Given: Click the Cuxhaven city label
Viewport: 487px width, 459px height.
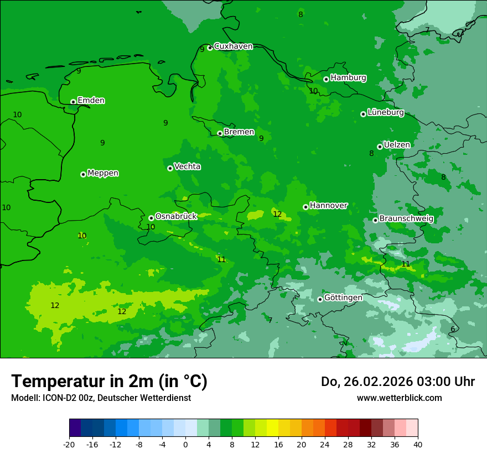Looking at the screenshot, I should pos(233,46).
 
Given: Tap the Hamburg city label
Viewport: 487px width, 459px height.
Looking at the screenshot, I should pos(348,78).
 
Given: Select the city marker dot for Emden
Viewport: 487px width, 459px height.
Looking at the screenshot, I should pos(73,102).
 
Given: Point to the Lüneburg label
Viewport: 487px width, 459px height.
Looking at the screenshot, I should pos(385,112).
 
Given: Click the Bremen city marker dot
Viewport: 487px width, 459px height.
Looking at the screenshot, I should pos(220,133).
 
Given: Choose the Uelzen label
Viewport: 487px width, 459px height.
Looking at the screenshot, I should pos(397,145).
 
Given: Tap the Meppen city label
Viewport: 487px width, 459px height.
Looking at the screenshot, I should pos(103,173).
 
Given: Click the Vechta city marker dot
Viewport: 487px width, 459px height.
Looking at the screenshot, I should pos(170,168).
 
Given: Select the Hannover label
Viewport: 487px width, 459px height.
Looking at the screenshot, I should pos(328,206).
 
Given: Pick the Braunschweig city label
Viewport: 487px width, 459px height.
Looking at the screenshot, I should pos(406,219).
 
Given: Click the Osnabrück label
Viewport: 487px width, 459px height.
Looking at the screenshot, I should pos(176,216).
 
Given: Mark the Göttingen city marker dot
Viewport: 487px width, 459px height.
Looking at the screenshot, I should pos(320,299).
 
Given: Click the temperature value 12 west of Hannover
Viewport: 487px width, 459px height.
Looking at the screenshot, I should pos(277,214).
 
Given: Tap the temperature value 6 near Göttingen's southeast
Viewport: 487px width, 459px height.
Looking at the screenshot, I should pos(453,329).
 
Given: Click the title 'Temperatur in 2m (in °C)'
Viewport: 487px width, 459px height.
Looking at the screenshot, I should pos(109,381).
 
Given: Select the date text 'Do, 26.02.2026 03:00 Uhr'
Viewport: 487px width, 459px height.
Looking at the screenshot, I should pos(397,382).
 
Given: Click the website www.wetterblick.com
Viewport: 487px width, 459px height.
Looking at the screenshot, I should pos(399,398).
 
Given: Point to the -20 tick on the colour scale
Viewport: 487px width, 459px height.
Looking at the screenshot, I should pos(69,444).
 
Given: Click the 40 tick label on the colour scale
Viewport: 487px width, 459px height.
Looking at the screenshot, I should pos(418,444).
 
